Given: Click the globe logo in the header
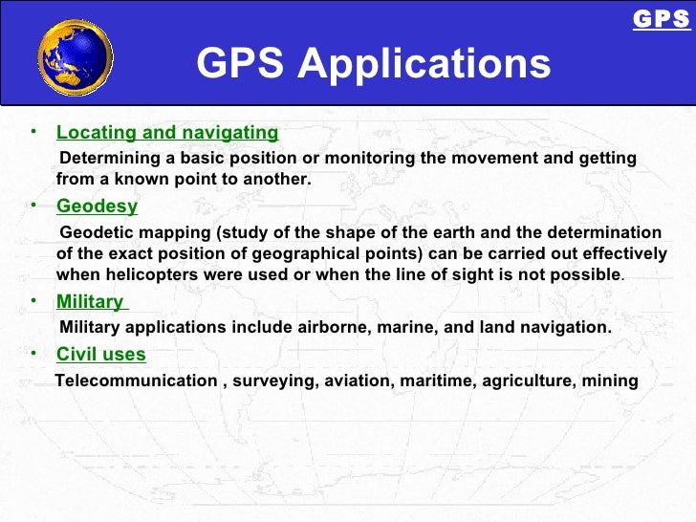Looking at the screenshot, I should [75, 57].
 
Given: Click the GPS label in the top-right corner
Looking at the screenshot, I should [662, 19].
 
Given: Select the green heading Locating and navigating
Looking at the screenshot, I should [167, 133].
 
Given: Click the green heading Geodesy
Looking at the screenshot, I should [97, 207].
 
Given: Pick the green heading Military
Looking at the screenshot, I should [90, 302].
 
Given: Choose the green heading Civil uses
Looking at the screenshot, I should [101, 355].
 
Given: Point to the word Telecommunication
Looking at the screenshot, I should [137, 381].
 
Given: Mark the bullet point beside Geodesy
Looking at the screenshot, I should [33, 204].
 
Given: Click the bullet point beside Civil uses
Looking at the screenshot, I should [33, 352].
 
